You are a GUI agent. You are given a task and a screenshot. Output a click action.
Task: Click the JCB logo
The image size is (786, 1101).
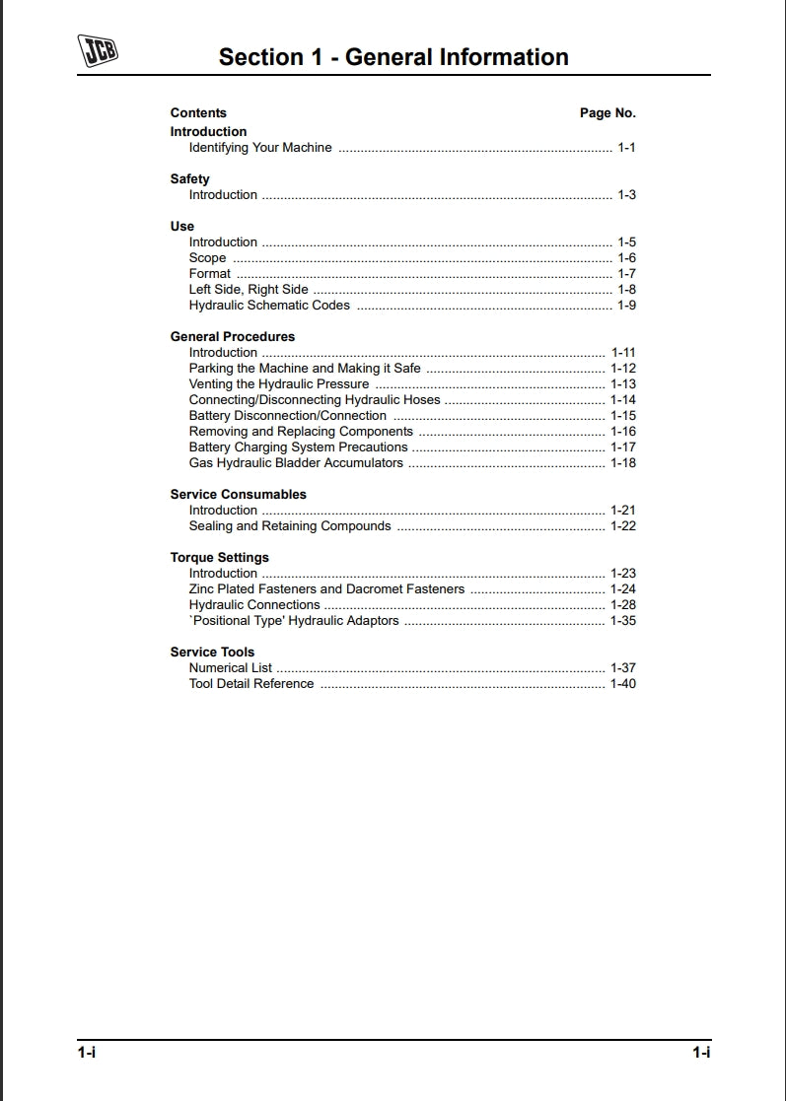point(98,51)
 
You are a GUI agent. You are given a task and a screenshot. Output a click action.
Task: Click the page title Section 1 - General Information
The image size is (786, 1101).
point(393,57)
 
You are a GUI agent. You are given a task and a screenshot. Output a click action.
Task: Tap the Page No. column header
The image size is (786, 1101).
point(607,113)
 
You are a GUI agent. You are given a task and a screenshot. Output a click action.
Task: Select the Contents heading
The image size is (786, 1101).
point(198,113)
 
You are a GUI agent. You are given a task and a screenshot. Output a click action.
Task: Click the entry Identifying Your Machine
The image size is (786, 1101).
point(260,148)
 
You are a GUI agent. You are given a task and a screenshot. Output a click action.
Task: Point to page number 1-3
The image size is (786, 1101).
point(626,195)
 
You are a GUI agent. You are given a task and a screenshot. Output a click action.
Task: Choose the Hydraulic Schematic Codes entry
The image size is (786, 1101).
point(269,306)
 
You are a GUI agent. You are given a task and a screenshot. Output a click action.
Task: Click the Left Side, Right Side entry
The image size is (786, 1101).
point(249,290)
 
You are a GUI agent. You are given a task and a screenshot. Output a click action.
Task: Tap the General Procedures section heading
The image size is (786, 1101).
point(232,337)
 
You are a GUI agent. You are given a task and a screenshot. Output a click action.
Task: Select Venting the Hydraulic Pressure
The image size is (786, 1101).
point(279,384)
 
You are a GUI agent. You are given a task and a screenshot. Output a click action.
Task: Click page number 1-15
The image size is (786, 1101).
point(623,416)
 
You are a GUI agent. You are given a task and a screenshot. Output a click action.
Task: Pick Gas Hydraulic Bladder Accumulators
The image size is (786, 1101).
point(296,463)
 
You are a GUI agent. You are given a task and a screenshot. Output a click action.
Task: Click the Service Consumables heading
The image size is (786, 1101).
point(238,495)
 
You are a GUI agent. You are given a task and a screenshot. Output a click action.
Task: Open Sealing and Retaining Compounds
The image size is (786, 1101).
point(290,526)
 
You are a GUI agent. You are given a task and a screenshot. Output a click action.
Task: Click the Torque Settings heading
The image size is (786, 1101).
point(219,558)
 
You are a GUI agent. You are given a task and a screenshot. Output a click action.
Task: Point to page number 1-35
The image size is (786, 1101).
point(623,621)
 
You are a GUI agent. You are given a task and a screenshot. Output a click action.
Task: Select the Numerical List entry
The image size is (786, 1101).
point(231,668)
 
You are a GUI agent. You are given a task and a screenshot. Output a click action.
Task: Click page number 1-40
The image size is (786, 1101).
point(623,684)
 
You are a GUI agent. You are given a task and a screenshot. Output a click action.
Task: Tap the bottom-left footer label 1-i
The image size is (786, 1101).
point(87,1053)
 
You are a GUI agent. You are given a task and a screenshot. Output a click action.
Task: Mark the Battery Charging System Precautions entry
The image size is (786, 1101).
point(298,447)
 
